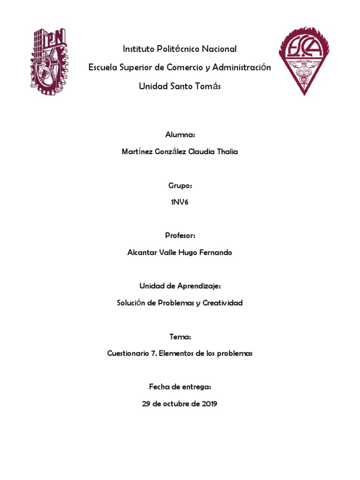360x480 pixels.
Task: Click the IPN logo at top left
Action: coord(49,60)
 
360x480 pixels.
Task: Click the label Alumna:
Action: coord(180,135)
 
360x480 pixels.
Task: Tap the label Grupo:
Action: coord(180,186)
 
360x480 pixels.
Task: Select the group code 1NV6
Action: coord(180,202)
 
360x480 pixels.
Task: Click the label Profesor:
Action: coord(180,236)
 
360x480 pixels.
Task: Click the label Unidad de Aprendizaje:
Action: coord(180,286)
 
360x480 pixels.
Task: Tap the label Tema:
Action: coord(180,337)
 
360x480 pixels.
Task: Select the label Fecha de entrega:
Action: coord(180,387)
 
